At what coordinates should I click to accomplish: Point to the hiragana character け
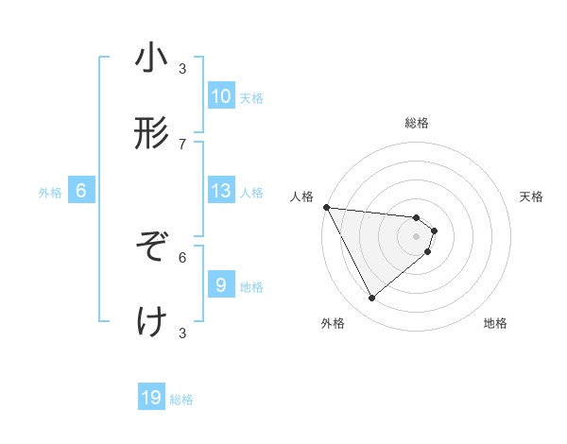pos(152,322)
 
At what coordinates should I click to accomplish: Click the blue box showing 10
pos(221,96)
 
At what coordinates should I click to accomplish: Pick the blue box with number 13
pos(221,191)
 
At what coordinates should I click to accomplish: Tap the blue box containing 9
pos(221,285)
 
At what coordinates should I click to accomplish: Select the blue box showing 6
pos(81,191)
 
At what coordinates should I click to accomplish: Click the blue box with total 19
pos(151,399)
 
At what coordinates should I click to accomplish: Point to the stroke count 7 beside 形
pos(182,144)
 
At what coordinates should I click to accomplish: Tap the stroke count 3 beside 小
pos(182,68)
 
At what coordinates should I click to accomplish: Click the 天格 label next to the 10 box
pos(251,98)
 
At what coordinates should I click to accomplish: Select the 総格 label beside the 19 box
pos(181,400)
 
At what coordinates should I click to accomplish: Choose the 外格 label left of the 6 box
pos(50,193)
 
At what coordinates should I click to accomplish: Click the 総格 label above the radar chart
pos(417,123)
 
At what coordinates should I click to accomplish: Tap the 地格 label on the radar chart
pos(495,323)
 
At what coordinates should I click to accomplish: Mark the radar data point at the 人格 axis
pos(326,207)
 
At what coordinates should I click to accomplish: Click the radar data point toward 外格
pos(371,298)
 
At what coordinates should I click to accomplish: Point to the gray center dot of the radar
pos(417,235)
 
